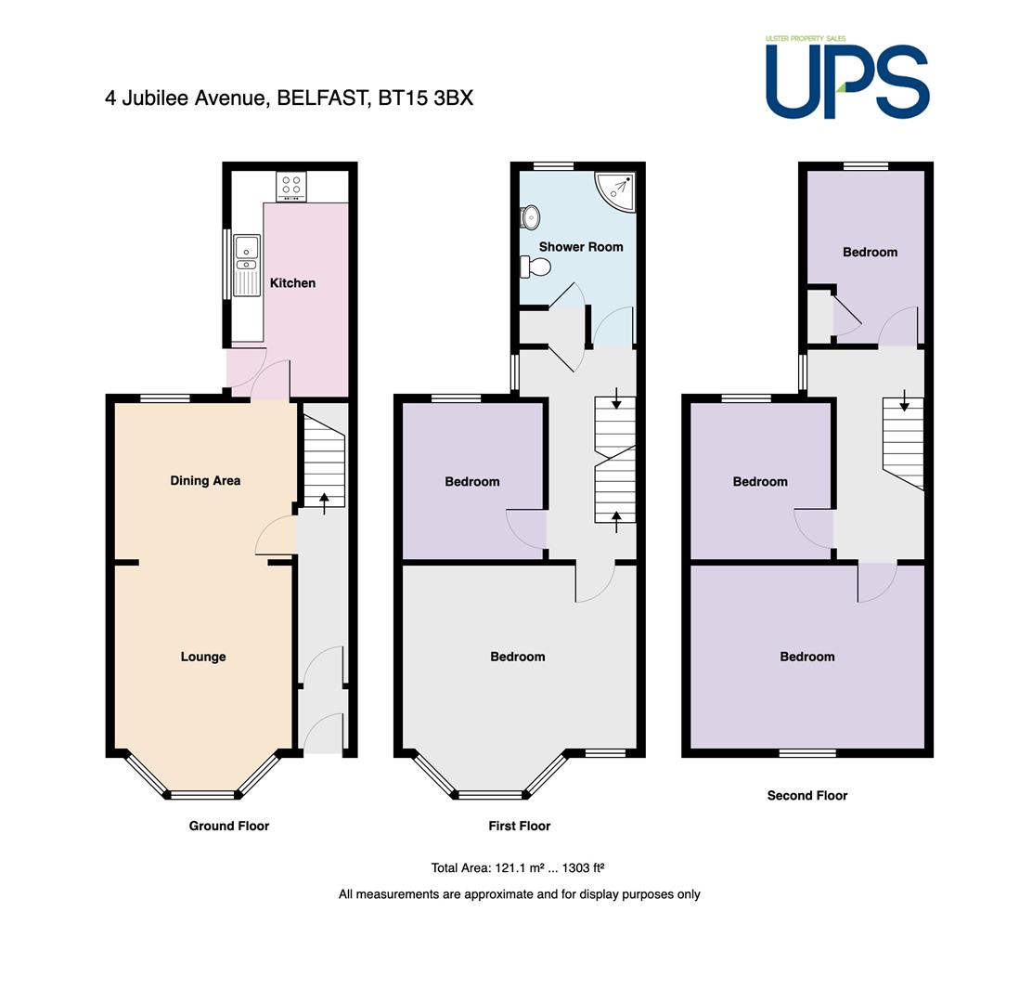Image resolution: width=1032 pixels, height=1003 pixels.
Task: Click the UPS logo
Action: click(x=847, y=78)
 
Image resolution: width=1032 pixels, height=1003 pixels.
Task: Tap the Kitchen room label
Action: click(x=293, y=283)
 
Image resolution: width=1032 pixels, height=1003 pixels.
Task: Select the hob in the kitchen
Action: click(x=291, y=186)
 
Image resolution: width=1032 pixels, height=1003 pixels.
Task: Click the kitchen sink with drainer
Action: click(x=247, y=266)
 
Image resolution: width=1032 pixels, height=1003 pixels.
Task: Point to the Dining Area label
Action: click(x=205, y=481)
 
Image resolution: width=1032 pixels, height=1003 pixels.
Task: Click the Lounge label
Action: click(x=203, y=657)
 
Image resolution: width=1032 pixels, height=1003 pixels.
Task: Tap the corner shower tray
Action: click(x=615, y=192)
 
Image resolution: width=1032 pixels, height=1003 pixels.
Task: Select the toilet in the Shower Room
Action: click(x=535, y=267)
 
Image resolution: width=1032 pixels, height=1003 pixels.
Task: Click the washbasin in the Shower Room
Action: click(x=531, y=217)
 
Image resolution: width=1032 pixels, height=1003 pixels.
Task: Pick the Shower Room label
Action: click(x=581, y=247)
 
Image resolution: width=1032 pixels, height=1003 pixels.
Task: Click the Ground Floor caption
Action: click(x=229, y=826)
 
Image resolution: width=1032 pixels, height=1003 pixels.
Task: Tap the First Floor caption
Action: click(x=520, y=826)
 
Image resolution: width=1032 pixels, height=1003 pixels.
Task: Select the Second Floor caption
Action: click(x=807, y=796)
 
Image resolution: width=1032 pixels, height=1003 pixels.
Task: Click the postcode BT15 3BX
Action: click(x=426, y=98)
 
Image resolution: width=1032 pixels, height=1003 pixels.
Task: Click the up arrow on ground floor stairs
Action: click(x=325, y=503)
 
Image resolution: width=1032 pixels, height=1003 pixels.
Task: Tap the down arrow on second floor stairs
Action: click(x=904, y=400)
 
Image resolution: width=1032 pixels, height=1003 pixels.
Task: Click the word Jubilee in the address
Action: click(x=155, y=98)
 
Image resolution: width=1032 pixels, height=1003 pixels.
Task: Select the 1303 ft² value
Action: click(x=583, y=868)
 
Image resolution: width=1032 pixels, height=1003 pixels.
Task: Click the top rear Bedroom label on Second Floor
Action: click(x=871, y=253)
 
